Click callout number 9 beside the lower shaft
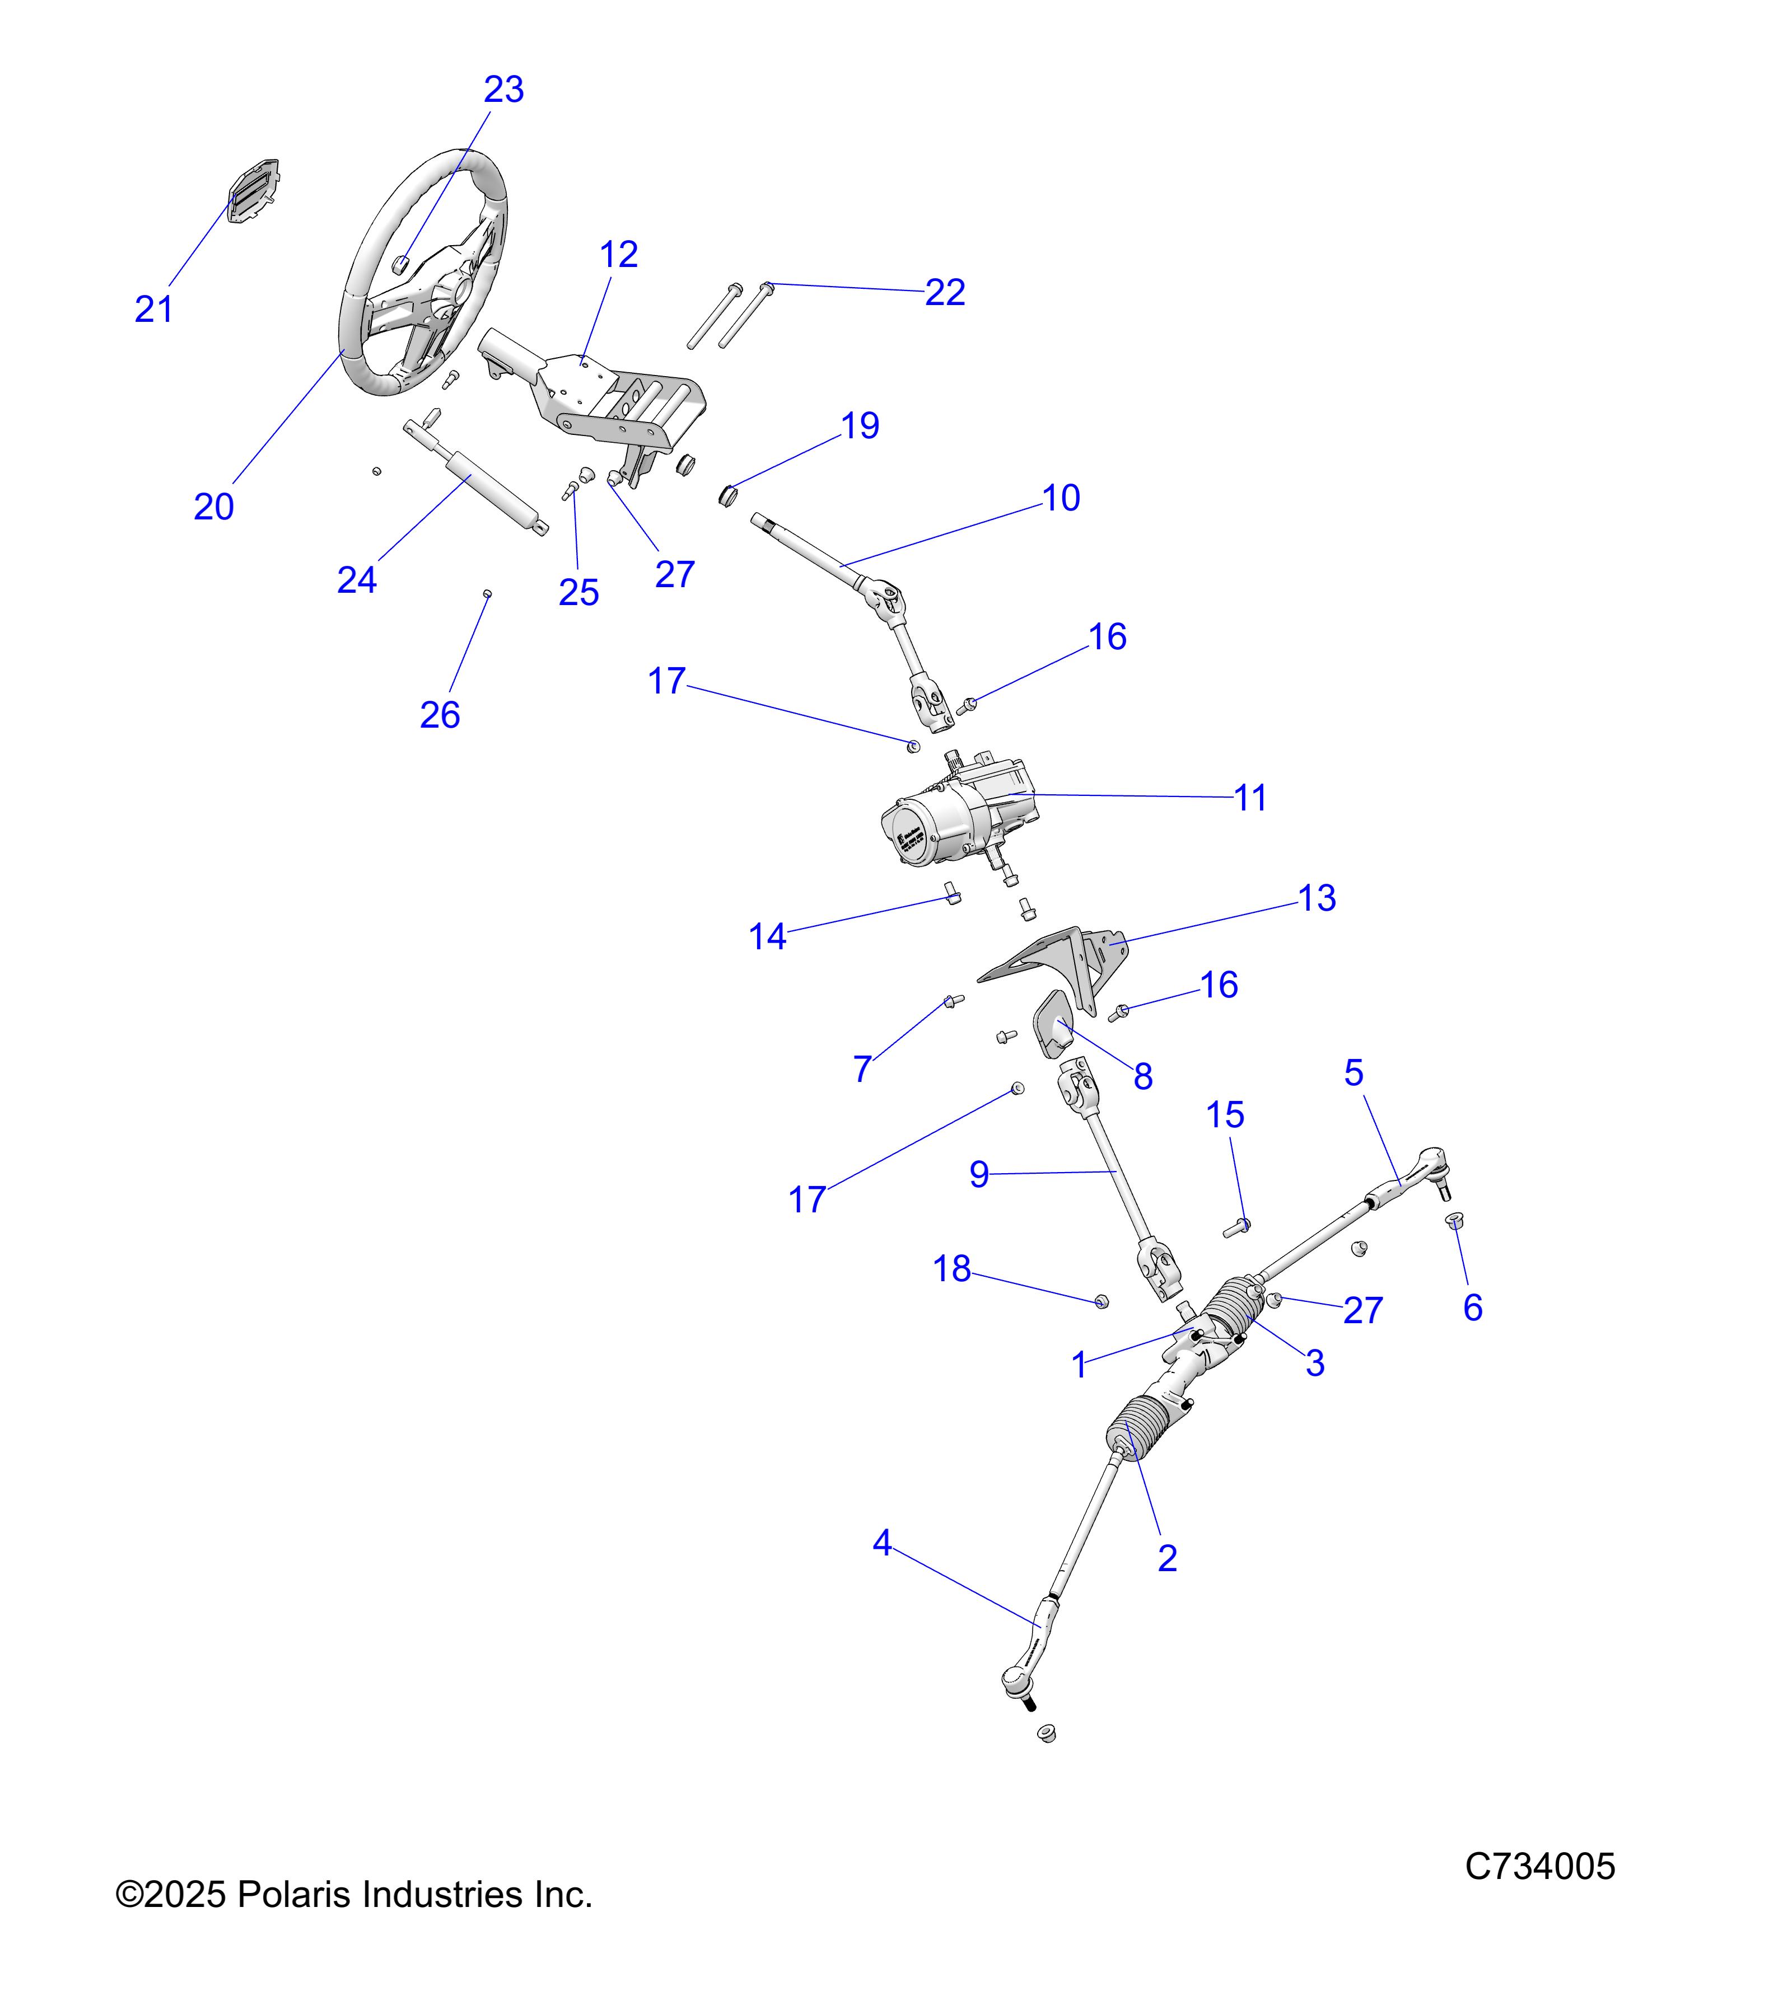click(978, 1175)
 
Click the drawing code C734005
click(1539, 1866)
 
